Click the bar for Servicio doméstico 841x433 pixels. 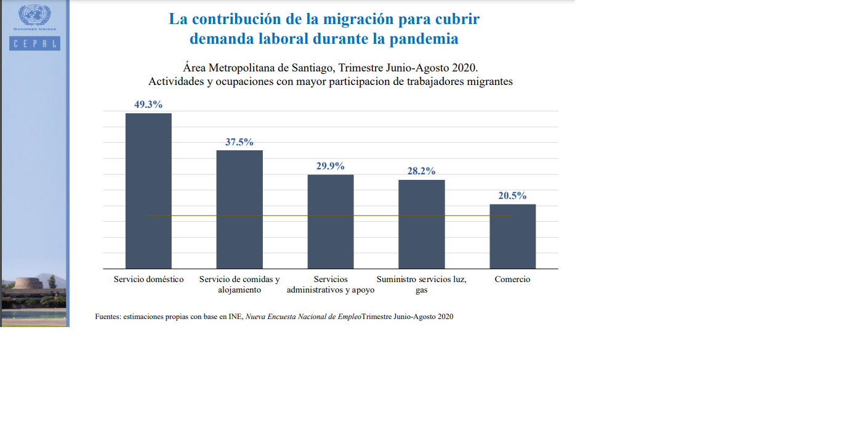point(148,191)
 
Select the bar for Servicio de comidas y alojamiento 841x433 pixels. point(239,209)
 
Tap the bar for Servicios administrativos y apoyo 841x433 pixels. point(331,222)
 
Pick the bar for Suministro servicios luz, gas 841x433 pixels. point(422,224)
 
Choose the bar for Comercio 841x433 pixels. point(513,237)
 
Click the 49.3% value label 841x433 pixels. point(148,105)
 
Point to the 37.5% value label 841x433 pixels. point(239,142)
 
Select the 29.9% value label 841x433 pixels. point(331,166)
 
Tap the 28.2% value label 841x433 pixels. point(422,171)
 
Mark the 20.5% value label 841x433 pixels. point(513,196)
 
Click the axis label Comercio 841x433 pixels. point(512,280)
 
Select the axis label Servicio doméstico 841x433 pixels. point(148,280)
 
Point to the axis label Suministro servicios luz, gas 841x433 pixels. point(422,284)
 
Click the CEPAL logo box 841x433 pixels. point(34,43)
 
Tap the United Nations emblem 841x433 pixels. point(34,15)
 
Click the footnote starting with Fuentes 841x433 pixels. point(274,317)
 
